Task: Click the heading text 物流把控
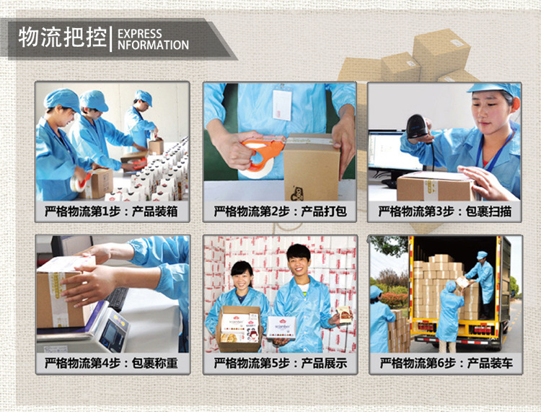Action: [63, 38]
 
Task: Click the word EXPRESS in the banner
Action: [140, 34]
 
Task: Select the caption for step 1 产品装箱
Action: [111, 211]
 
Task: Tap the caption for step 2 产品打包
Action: [280, 211]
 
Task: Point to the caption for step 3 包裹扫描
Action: [445, 211]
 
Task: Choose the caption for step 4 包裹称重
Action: [111, 363]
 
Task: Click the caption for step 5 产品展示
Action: [280, 363]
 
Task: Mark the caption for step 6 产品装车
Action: [446, 363]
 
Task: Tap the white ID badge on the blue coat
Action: [282, 105]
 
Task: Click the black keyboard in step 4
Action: [118, 299]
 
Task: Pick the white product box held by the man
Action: [281, 327]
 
